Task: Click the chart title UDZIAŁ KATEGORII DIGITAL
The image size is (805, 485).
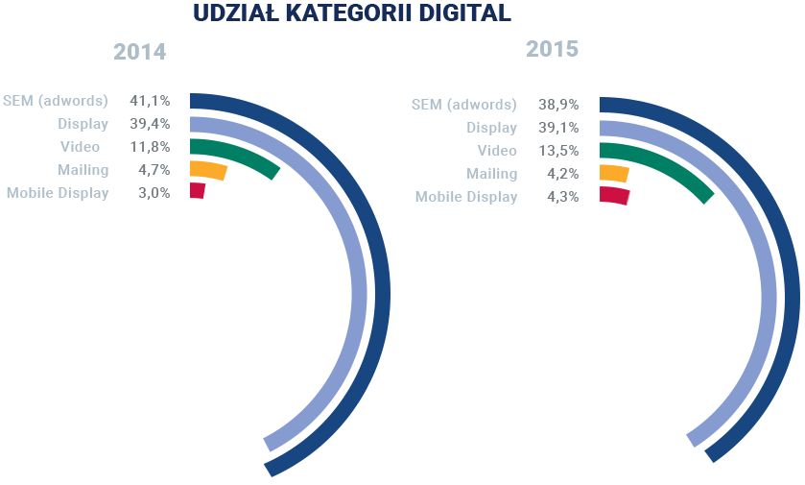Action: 352,13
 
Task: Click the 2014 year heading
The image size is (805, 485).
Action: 140,52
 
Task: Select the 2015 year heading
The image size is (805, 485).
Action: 552,48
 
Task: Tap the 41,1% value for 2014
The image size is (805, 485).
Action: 150,100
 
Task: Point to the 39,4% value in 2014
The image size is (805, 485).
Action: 150,123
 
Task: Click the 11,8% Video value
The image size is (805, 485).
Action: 150,147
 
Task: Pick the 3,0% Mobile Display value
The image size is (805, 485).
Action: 154,193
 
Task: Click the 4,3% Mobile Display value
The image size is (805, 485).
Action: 562,197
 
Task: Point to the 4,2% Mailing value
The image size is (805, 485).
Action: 562,174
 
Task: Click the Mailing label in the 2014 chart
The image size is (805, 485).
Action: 83,170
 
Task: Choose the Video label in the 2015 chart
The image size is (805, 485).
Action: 497,151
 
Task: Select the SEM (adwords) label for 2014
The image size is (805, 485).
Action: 56,100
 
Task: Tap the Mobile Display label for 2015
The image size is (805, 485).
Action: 466,197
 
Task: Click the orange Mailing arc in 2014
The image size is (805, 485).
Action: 208,171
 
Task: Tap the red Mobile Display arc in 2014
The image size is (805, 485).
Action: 198,191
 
